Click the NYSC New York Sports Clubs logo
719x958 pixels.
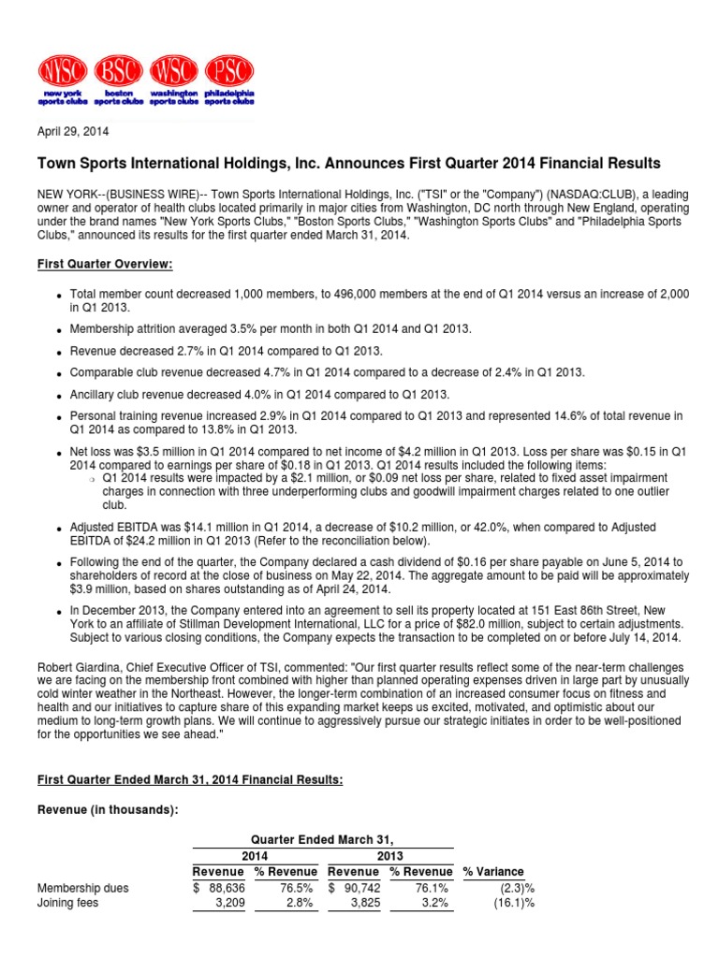click(x=64, y=81)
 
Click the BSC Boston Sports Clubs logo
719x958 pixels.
click(x=118, y=81)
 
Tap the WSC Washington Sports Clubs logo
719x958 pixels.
click(x=173, y=81)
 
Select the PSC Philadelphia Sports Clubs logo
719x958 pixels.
click(x=227, y=81)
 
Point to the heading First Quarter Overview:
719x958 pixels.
click(x=105, y=265)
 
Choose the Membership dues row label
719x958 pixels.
click(x=82, y=888)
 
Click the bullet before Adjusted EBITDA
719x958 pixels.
click(x=58, y=529)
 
